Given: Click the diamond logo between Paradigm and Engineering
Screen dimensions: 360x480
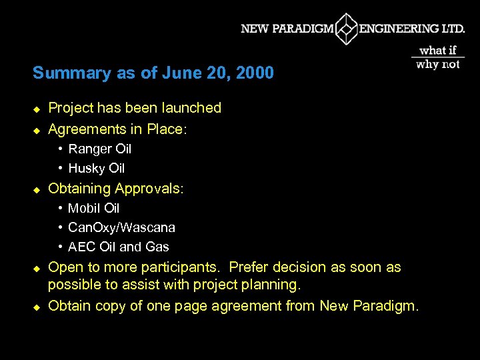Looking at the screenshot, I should click(346, 29).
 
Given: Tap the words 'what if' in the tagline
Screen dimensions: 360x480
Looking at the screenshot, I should click(438, 51).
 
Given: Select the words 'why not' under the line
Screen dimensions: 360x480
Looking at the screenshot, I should click(438, 65).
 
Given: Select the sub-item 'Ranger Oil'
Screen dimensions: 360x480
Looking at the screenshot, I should click(100, 149).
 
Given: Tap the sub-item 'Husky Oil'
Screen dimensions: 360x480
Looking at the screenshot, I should click(97, 168).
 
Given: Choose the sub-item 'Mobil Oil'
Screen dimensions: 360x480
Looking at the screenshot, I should click(94, 208).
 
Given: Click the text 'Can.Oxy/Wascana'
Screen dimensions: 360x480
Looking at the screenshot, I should click(122, 227).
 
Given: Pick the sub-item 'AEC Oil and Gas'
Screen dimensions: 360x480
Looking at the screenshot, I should click(119, 247).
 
